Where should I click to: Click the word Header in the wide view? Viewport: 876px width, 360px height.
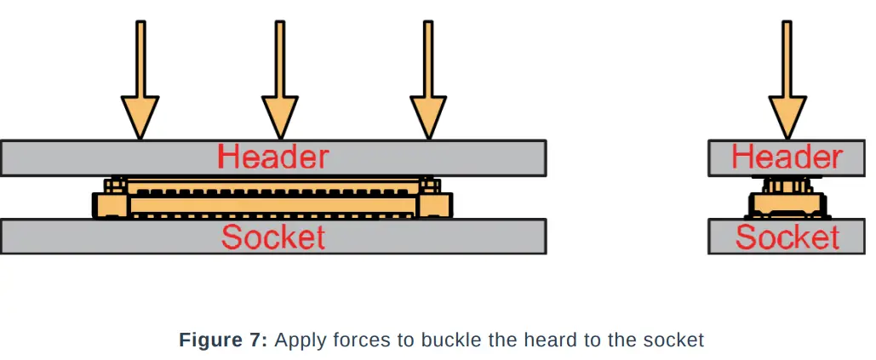(x=272, y=157)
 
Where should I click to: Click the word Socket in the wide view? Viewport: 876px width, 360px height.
(x=272, y=237)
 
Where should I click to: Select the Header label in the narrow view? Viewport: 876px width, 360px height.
(x=787, y=157)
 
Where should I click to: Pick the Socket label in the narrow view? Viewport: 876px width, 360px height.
(x=787, y=237)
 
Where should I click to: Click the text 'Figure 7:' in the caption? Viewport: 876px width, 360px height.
(x=224, y=340)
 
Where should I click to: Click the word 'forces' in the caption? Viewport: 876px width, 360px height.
(x=361, y=340)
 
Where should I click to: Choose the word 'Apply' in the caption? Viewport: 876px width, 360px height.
(x=298, y=341)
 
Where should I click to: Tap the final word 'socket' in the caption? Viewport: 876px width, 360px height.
(x=676, y=340)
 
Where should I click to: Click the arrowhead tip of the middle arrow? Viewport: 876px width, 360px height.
(x=279, y=136)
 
